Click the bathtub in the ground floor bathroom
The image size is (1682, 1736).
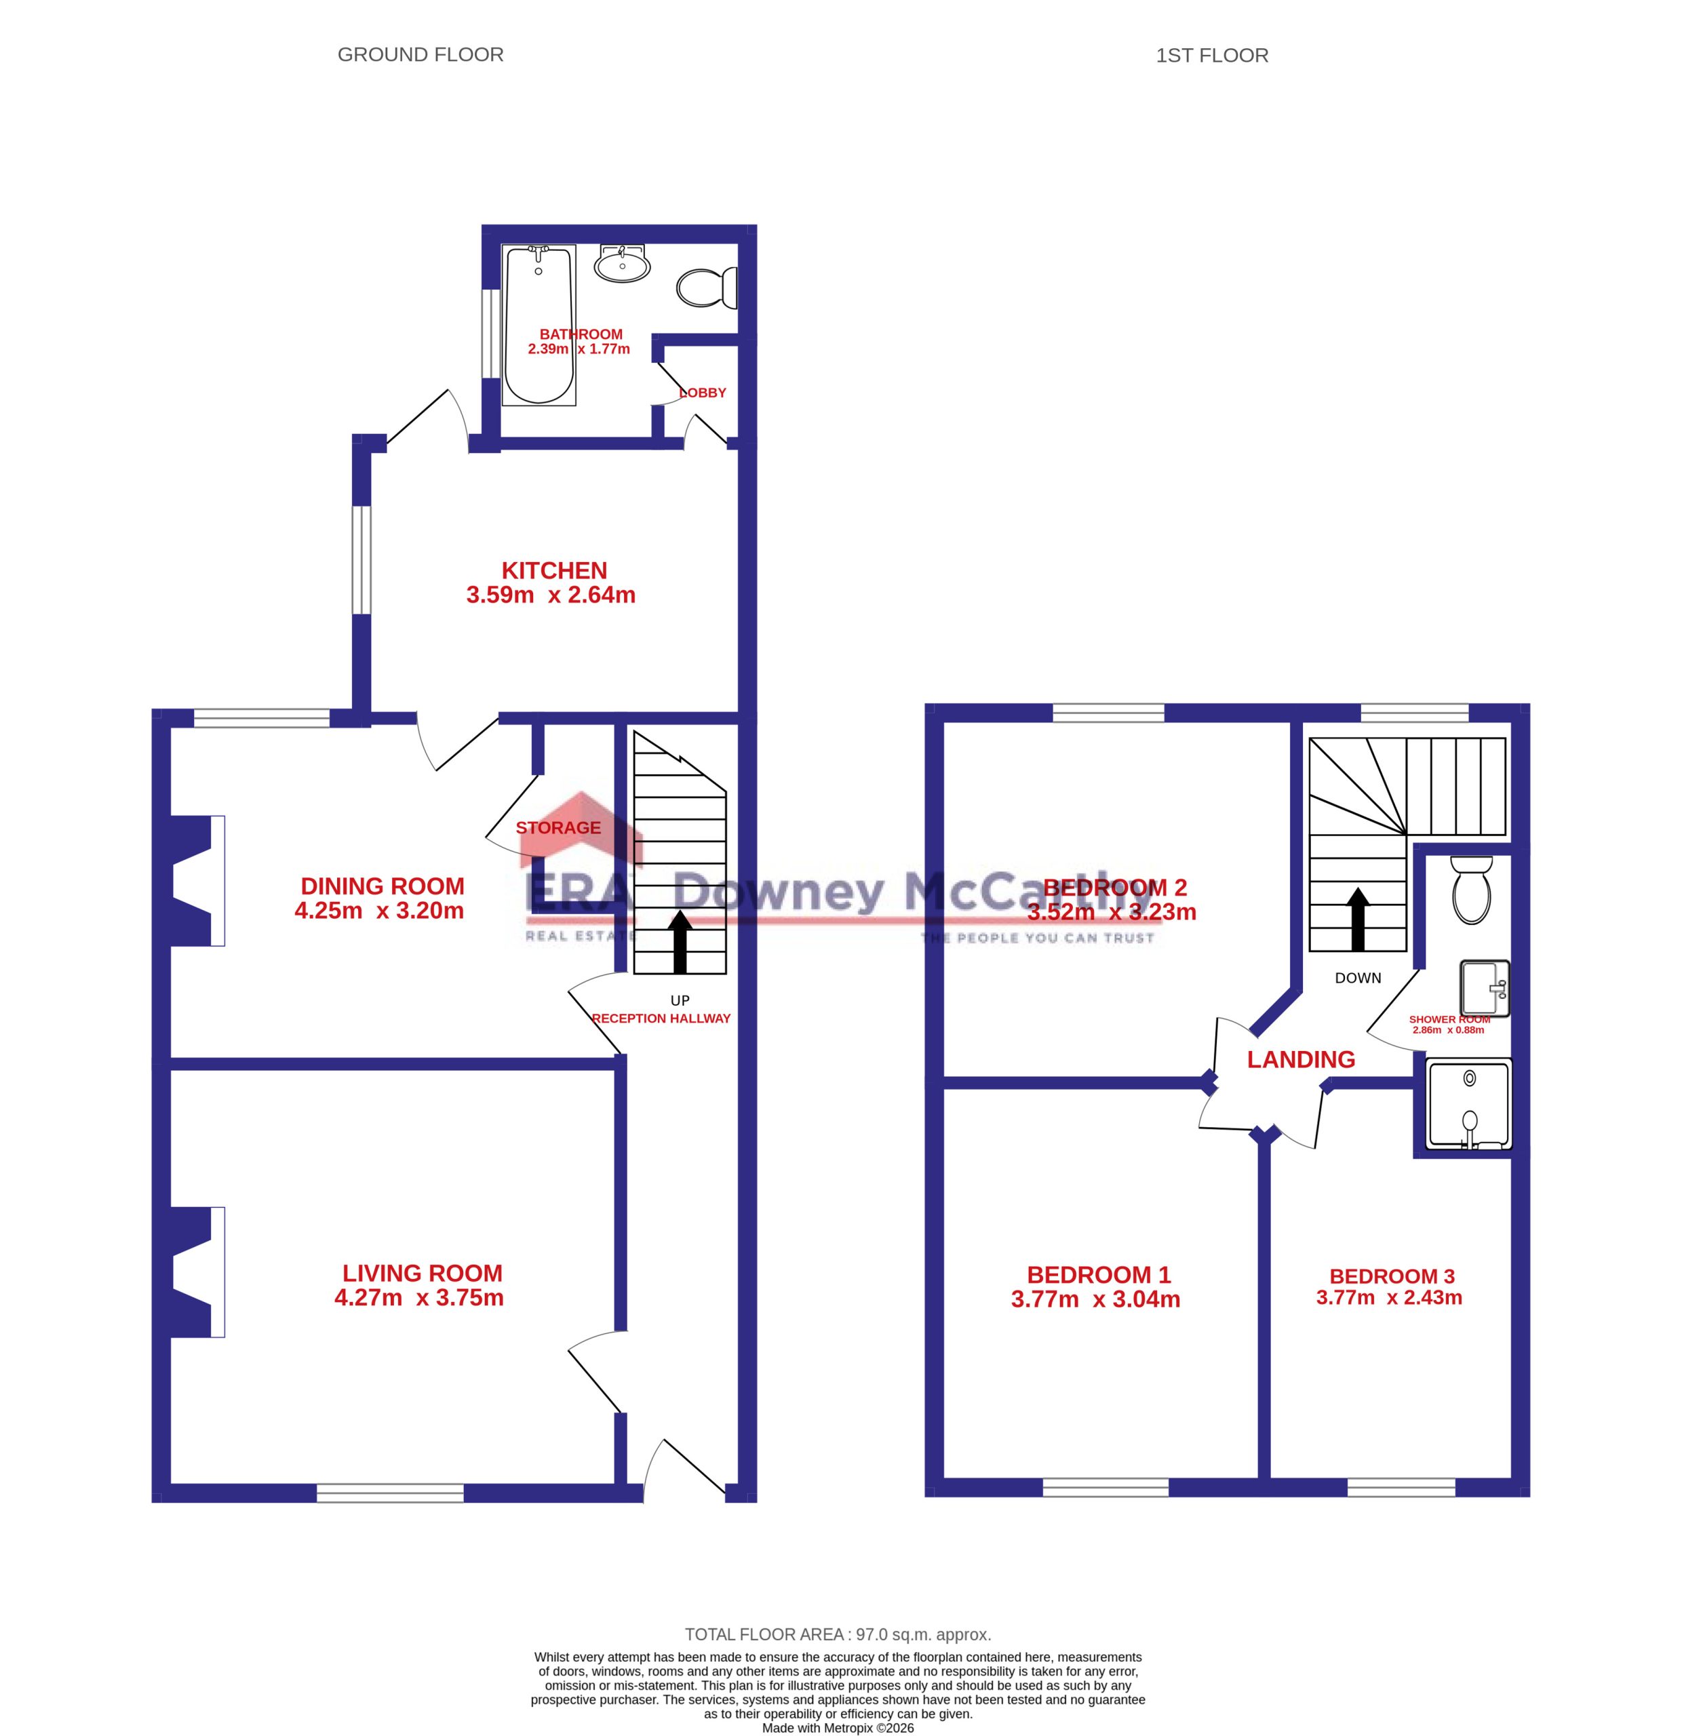pyautogui.click(x=539, y=325)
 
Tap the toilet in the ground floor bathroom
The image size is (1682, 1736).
pyautogui.click(x=707, y=287)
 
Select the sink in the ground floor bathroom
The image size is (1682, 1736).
pyautogui.click(x=623, y=262)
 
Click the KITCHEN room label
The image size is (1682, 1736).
pyautogui.click(x=555, y=570)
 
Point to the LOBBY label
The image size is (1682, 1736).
pyautogui.click(x=703, y=393)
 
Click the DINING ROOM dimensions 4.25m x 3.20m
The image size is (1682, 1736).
pyautogui.click(x=379, y=911)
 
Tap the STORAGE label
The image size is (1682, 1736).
pyautogui.click(x=558, y=827)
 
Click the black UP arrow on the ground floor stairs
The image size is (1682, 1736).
pyautogui.click(x=680, y=941)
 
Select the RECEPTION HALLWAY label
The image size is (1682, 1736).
pyautogui.click(x=661, y=1019)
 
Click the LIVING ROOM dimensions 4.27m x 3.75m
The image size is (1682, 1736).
pyautogui.click(x=419, y=1297)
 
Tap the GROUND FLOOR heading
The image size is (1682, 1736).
pyautogui.click(x=420, y=55)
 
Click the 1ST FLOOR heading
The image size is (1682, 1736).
pyautogui.click(x=1212, y=56)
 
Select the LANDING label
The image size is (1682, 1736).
pyautogui.click(x=1301, y=1059)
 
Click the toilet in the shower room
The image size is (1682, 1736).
pyautogui.click(x=1471, y=889)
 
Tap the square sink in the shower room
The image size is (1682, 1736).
pyautogui.click(x=1485, y=987)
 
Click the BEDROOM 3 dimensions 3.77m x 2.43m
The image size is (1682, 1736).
pyautogui.click(x=1389, y=1297)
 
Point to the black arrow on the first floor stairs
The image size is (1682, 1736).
pyautogui.click(x=1358, y=920)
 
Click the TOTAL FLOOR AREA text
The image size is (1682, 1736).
pyautogui.click(x=838, y=1634)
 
